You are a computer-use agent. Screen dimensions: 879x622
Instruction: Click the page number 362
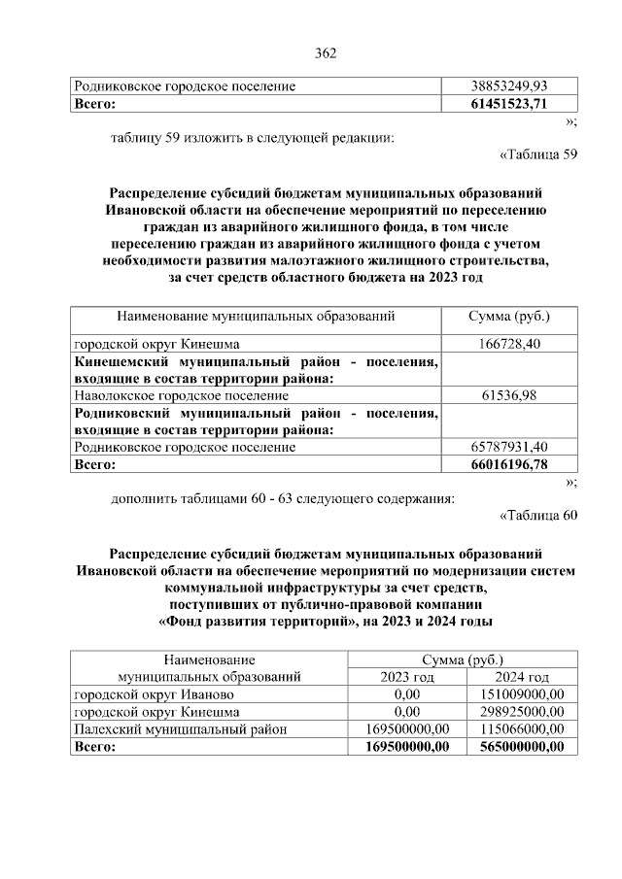click(x=325, y=52)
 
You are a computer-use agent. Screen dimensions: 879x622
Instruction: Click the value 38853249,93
click(x=507, y=86)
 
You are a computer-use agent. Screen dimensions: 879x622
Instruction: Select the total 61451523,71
click(x=507, y=103)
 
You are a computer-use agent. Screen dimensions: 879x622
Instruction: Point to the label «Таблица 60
click(x=537, y=515)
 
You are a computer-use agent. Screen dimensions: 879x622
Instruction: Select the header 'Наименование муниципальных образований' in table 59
click(x=256, y=317)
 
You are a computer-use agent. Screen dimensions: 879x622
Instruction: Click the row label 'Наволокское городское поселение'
click(x=181, y=395)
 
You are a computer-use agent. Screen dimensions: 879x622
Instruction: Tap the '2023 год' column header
click(x=407, y=677)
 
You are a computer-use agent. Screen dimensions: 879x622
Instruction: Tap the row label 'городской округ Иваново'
click(x=154, y=694)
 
